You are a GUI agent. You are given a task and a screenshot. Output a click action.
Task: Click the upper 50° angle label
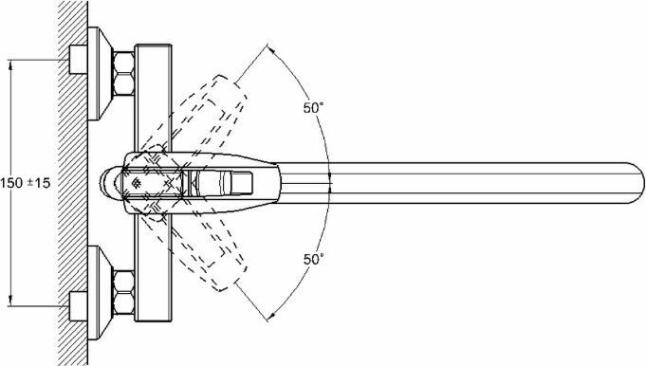pyautogui.click(x=313, y=108)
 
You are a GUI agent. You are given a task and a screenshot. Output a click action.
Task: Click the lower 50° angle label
pyautogui.click(x=313, y=260)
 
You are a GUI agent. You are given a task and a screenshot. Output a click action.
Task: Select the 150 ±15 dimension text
pyautogui.click(x=26, y=183)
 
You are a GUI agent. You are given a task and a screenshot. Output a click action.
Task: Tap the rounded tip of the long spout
pyautogui.click(x=638, y=183)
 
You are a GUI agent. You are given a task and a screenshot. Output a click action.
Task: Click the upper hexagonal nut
pyautogui.click(x=123, y=73)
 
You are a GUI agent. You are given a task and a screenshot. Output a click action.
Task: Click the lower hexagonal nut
pyautogui.click(x=123, y=293)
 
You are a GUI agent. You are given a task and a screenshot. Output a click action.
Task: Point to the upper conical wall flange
pyautogui.click(x=100, y=73)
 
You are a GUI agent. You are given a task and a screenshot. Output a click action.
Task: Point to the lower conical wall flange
pyautogui.click(x=100, y=293)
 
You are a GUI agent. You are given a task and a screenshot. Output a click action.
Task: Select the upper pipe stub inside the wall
pyautogui.click(x=78, y=60)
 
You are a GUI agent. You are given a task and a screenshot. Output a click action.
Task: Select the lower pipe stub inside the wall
pyautogui.click(x=78, y=306)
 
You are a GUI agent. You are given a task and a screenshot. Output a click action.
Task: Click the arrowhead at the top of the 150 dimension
pyautogui.click(x=11, y=65)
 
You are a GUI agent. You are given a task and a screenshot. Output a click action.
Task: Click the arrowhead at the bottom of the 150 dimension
pyautogui.click(x=11, y=301)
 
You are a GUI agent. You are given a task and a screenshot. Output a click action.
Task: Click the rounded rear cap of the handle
pyautogui.click(x=108, y=183)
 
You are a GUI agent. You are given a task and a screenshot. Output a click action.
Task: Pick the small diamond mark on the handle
pyautogui.click(x=136, y=183)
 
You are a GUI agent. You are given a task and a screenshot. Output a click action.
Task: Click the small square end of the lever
pyautogui.click(x=241, y=183)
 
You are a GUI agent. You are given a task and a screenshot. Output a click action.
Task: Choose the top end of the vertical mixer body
pyautogui.click(x=154, y=46)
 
